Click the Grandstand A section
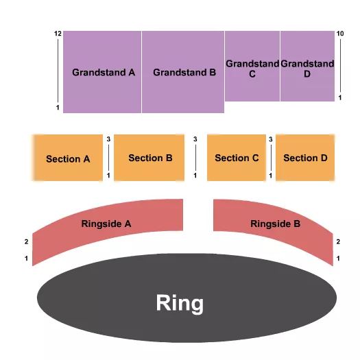103,72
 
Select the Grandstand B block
184,72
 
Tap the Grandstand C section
252,69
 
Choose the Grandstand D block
307,69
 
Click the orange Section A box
68,158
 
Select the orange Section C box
237,158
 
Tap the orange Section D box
305,158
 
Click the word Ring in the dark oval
180,302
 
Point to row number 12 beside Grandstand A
58,34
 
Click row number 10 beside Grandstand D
340,34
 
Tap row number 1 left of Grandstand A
58,108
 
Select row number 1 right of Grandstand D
340,98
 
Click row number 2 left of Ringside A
26,241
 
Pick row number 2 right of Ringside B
337,241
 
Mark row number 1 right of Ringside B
337,258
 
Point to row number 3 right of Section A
108,140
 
